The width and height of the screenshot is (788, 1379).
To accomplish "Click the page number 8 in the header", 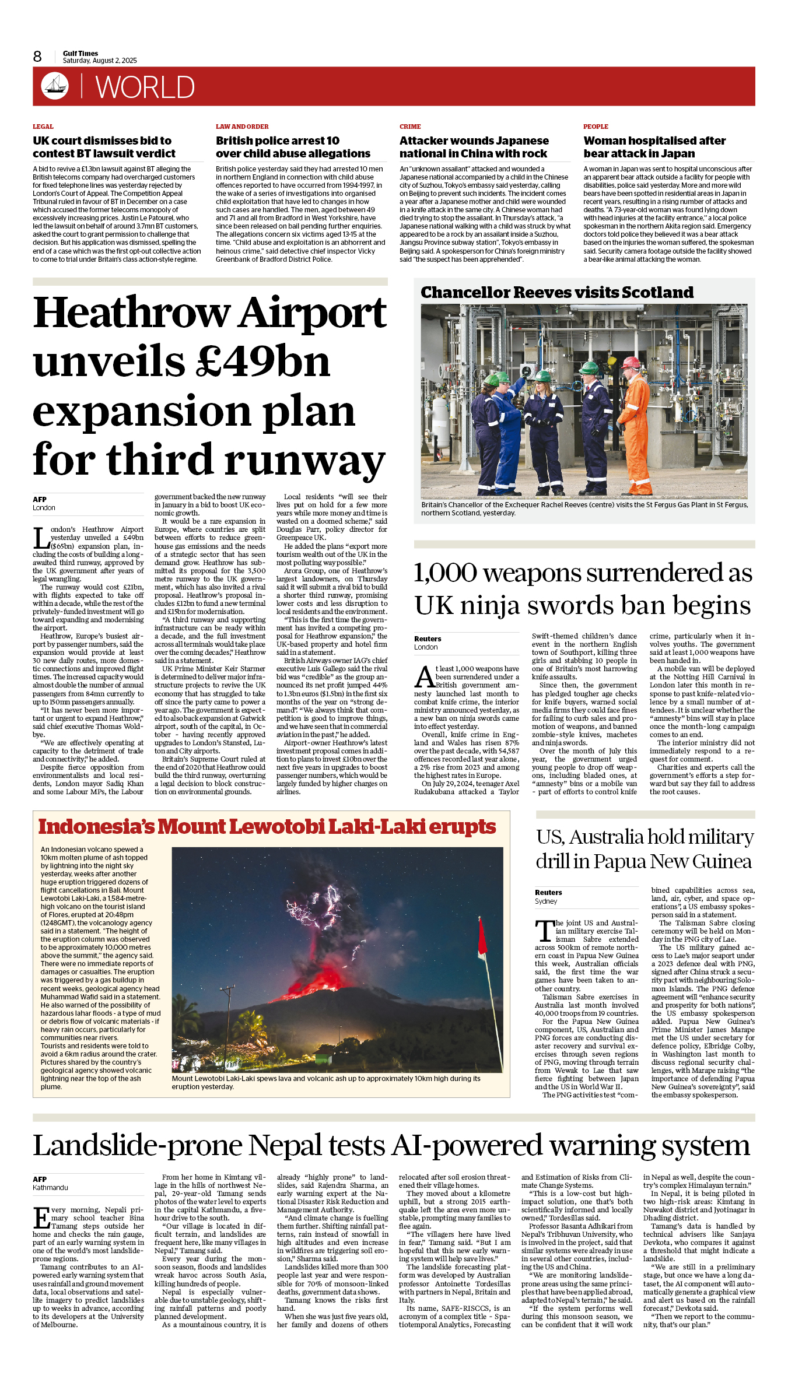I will (37, 57).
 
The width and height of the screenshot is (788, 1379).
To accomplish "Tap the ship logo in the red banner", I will (55, 86).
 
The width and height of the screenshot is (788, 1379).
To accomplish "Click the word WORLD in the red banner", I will (145, 87).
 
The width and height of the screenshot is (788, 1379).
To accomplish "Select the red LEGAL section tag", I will (43, 127).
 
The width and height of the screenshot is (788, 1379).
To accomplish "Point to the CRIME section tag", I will (410, 127).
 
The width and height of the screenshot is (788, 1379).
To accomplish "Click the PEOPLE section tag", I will (596, 127).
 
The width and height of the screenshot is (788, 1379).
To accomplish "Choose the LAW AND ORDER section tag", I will (242, 127).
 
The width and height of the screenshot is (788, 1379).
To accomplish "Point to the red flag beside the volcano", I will (482, 938).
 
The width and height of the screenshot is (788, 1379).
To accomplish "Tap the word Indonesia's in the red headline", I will (96, 827).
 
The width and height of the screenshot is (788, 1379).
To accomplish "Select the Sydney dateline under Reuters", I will (546, 901).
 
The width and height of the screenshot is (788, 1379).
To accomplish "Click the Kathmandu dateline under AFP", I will (50, 1188).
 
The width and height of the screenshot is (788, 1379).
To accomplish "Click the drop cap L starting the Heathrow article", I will (40, 537).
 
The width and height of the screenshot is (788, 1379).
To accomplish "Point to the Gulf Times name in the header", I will (80, 53).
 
